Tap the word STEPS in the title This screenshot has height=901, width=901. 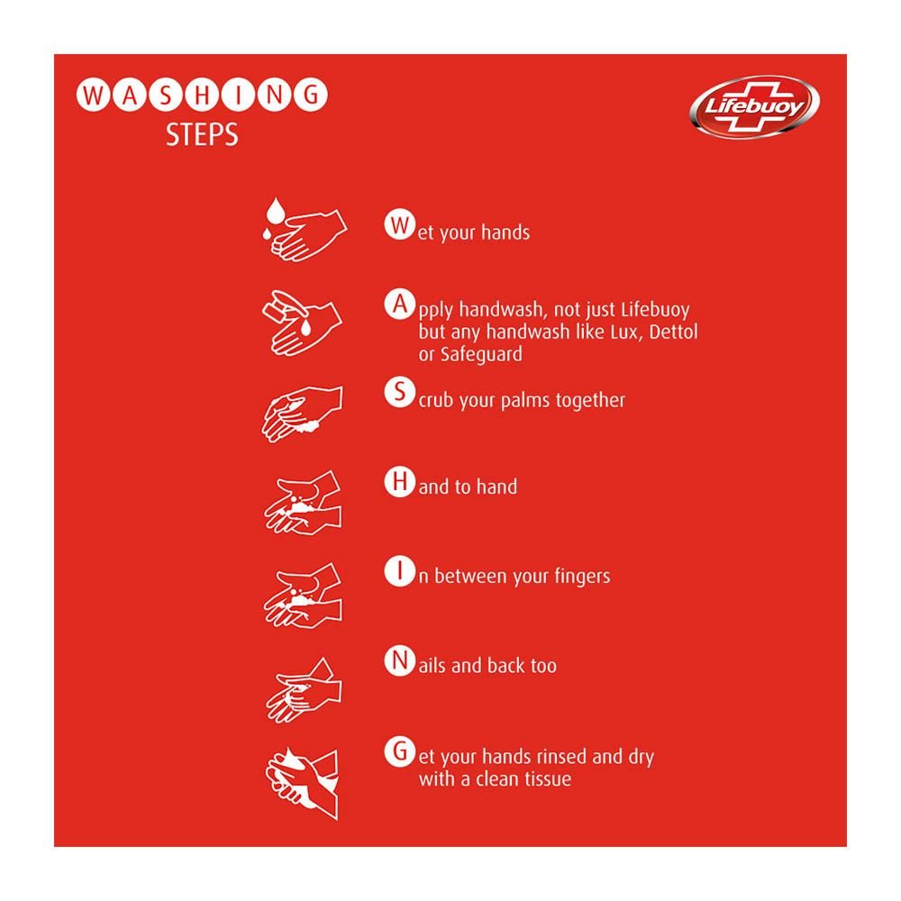click(202, 134)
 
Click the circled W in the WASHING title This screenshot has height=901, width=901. click(90, 95)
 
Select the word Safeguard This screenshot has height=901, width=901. click(481, 354)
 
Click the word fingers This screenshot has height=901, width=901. click(578, 577)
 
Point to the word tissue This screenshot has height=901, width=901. click(543, 779)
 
